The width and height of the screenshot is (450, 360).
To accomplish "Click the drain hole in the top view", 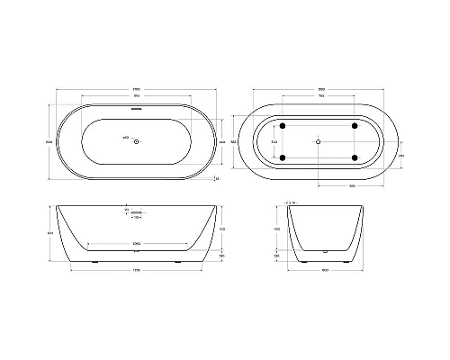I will (x=136, y=141).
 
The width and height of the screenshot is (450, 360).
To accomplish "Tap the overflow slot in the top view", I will (x=136, y=110).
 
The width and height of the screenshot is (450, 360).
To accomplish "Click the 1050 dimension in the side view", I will (x=136, y=243).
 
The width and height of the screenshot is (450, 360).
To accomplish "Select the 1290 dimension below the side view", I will (x=136, y=270).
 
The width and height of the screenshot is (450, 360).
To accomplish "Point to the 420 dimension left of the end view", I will (x=276, y=229).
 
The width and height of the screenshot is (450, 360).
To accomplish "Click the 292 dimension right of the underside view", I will (x=400, y=154).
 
